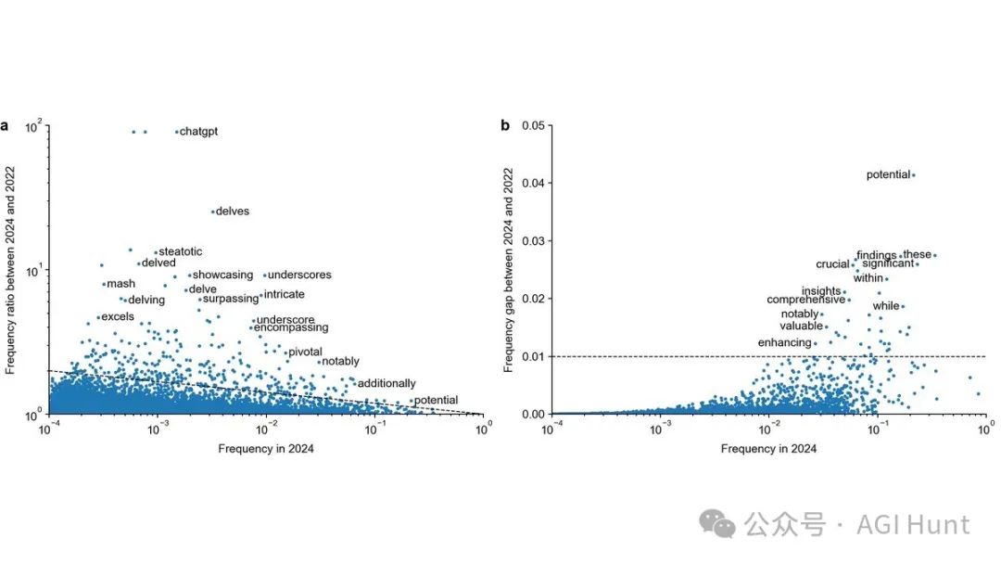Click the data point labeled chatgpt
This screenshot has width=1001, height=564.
pos(177,132)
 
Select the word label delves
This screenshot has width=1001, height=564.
pos(232,211)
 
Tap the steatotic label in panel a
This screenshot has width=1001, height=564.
pos(180,251)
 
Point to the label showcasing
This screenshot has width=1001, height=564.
pos(222,275)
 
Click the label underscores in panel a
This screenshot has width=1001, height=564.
pos(298,275)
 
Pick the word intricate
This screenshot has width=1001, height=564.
pos(284,294)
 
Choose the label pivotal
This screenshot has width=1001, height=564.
pos(305,352)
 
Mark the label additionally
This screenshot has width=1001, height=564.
pos(386,383)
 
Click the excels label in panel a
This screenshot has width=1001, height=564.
pos(118,316)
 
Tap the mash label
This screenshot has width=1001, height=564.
pos(120,284)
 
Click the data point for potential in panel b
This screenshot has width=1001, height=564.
pos(913,174)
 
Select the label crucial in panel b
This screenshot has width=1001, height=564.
pos(832,264)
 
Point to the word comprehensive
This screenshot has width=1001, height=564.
pos(805,300)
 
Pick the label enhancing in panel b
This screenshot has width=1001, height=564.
pos(784,343)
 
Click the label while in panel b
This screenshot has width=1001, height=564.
pos(886,306)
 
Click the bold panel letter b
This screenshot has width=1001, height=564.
pos(505,125)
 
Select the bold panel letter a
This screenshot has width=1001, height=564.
pos(6,125)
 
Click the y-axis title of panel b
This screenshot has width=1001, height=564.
pos(509,270)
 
